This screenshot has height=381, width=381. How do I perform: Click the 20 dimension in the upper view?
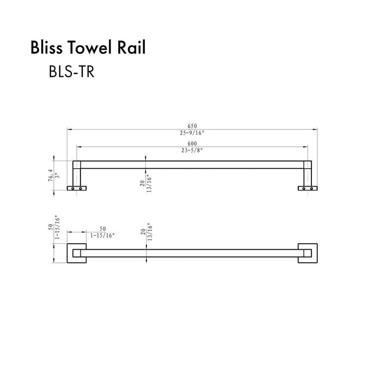pos(142,183)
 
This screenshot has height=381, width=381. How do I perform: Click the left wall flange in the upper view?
pos(76,188)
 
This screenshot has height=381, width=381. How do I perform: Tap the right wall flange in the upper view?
pos(306,188)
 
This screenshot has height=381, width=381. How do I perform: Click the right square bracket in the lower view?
pos(306,253)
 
